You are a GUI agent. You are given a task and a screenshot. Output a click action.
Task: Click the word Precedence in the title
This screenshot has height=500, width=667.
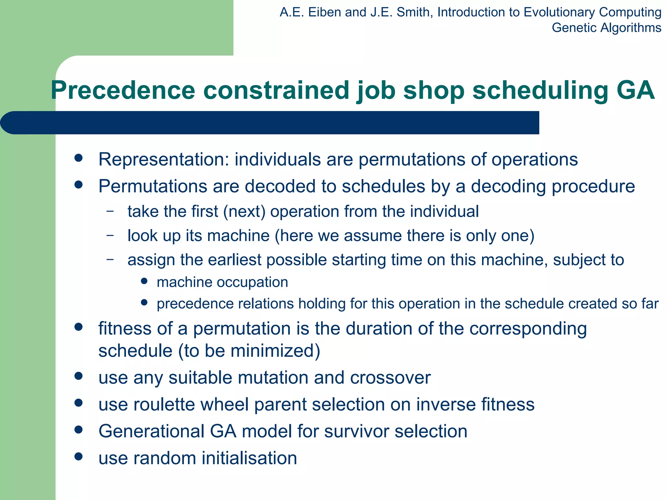tap(123, 90)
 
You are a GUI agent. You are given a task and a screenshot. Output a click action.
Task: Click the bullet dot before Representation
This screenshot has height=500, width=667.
tap(78, 158)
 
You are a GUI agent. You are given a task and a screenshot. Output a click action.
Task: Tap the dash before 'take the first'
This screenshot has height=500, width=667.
tap(110, 211)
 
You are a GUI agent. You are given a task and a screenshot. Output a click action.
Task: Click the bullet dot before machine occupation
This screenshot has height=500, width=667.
tap(144, 281)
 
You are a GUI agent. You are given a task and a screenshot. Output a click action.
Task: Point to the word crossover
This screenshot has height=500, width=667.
tap(390, 378)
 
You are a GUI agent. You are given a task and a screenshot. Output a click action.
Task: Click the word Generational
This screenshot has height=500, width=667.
tap(151, 432)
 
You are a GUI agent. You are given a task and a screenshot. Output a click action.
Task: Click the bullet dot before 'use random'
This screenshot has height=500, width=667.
tap(78, 456)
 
